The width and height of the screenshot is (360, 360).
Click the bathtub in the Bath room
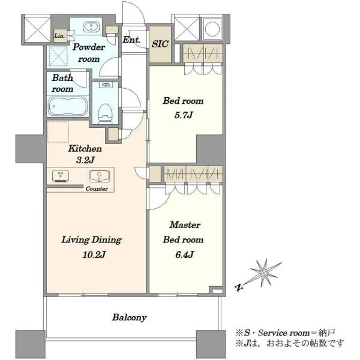(68, 106)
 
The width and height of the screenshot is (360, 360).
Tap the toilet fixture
(105, 113)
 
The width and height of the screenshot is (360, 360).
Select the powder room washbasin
(91, 27)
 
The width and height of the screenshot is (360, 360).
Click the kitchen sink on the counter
(99, 176)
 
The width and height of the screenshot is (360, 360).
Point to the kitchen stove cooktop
(61, 176)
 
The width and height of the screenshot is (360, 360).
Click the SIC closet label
(160, 44)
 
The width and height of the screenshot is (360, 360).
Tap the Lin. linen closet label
(59, 35)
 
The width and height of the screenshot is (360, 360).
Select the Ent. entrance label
(131, 40)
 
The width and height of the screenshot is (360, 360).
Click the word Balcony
(129, 317)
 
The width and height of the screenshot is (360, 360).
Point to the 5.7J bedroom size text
(184, 115)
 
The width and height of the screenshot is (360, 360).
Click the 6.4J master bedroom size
(185, 254)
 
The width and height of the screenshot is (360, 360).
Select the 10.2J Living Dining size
(94, 254)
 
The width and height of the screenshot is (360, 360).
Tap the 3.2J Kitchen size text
(85, 160)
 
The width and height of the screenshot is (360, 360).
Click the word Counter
(97, 189)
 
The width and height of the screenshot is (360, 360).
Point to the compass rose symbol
(263, 273)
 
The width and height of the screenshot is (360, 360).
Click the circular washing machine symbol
(212, 29)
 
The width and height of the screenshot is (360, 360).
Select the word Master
(185, 225)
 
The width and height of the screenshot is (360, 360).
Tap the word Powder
(89, 47)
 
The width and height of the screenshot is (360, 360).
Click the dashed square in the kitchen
(58, 132)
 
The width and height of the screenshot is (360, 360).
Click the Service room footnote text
(286, 332)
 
